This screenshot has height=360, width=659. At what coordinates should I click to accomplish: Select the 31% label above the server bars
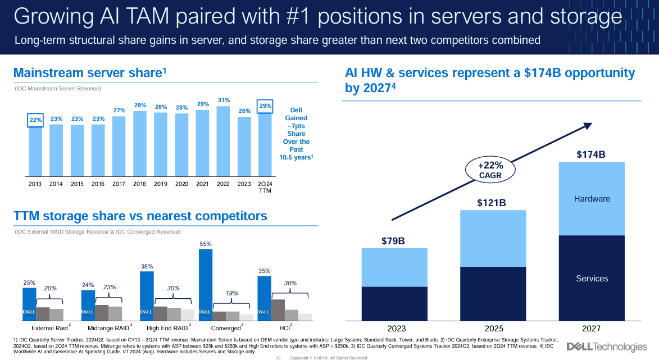pos(224,101)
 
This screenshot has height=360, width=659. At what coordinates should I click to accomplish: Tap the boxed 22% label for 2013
pos(35,119)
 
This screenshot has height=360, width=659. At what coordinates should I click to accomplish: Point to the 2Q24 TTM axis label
pos(265,186)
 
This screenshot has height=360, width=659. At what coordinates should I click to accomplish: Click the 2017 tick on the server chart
pos(119,183)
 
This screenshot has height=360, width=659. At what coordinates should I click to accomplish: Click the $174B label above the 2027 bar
pos(591,154)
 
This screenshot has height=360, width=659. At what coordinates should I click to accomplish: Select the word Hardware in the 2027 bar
pos(592,199)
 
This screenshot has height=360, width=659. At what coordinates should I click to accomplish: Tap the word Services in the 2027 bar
pos(592,279)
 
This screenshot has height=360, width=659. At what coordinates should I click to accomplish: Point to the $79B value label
pos(393,241)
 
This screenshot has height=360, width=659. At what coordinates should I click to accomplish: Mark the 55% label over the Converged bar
pos(206,244)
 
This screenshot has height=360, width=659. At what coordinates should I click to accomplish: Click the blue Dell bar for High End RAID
pos(146,296)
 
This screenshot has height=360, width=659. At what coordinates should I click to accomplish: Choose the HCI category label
pos(284,328)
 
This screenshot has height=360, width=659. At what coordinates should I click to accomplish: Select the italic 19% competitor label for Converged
pos(232,293)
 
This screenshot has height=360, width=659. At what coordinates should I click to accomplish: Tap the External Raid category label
pos(49,328)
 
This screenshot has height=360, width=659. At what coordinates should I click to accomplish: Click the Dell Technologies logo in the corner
pos(607,347)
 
